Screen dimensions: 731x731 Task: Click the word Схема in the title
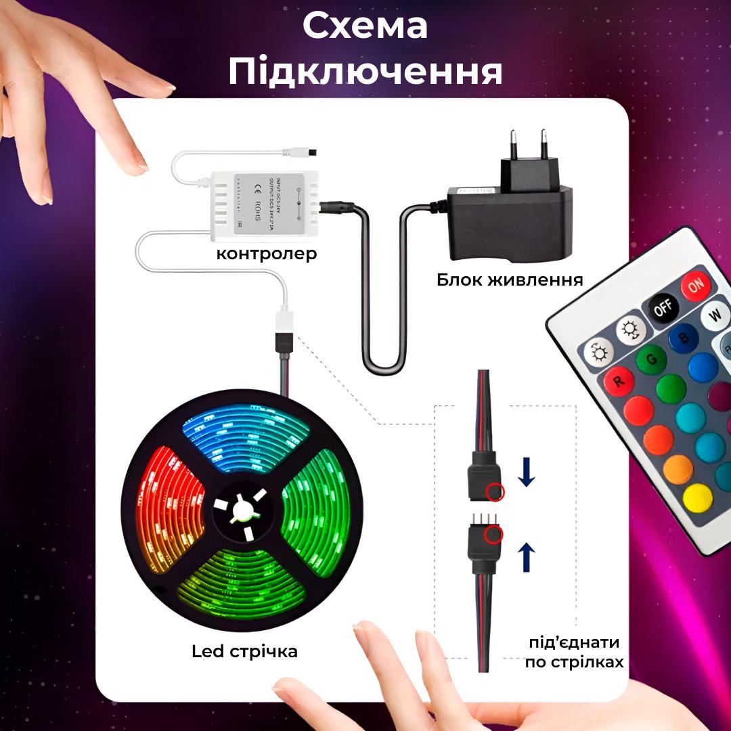(x=365, y=27)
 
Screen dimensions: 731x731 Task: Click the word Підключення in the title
(x=365, y=72)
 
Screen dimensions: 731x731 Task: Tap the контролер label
(x=267, y=254)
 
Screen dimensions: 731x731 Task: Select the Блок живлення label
(x=510, y=280)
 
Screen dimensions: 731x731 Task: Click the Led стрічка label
(x=244, y=651)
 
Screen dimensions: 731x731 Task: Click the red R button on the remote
(x=618, y=380)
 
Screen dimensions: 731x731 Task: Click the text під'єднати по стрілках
(x=574, y=652)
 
